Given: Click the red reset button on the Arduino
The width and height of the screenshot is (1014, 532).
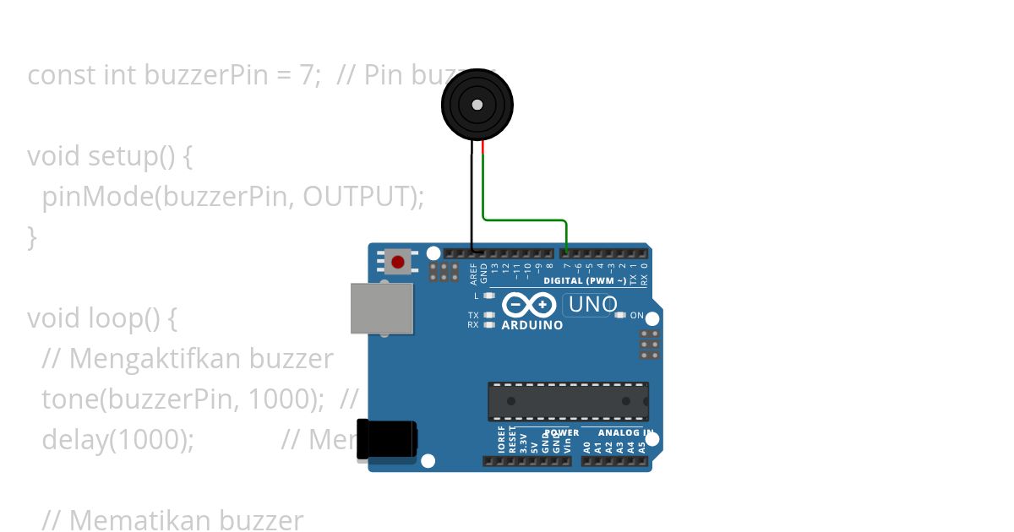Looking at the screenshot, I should click(x=398, y=262).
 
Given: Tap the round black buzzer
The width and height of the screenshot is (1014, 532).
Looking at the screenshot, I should click(x=477, y=105).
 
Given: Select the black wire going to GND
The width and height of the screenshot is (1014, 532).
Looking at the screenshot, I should click(x=472, y=203).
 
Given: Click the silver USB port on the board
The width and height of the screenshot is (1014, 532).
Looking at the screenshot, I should click(x=382, y=308).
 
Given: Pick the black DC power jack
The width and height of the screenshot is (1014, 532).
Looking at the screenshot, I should click(x=387, y=440).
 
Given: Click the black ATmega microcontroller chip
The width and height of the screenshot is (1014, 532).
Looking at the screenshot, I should click(x=568, y=401).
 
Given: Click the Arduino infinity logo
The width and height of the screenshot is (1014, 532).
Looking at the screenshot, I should click(x=529, y=304).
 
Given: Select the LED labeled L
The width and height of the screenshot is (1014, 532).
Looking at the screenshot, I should click(x=489, y=296).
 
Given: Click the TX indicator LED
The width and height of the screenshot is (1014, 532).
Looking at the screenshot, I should click(x=489, y=315).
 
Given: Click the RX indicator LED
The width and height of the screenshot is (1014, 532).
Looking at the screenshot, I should click(x=489, y=324).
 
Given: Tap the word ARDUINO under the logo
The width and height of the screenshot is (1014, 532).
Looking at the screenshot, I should click(x=532, y=325).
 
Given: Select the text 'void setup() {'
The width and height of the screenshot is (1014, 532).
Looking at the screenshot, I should click(x=110, y=156).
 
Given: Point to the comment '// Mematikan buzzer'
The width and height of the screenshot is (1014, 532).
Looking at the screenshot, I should click(x=172, y=519).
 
